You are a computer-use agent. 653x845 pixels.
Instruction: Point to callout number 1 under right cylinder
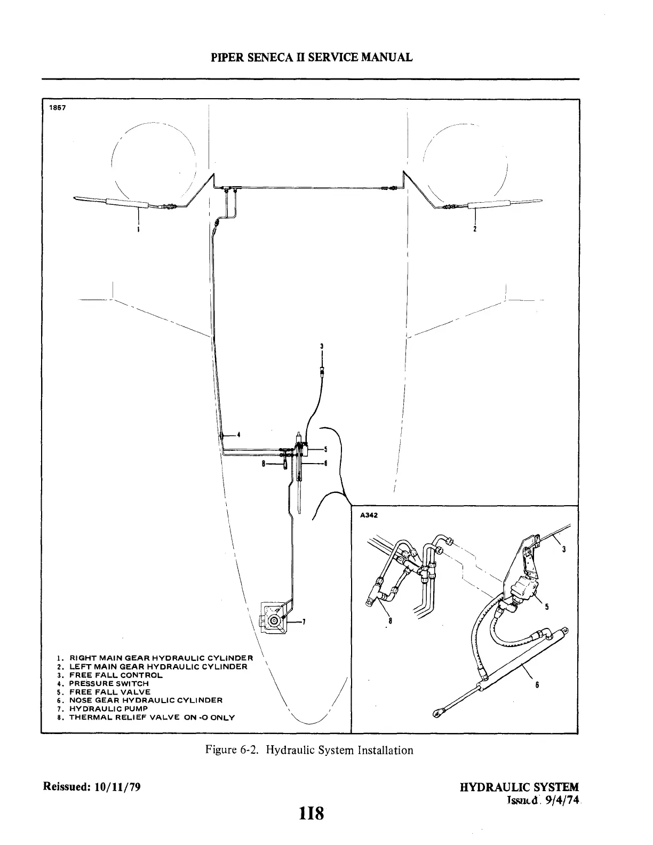pyautogui.click(x=139, y=230)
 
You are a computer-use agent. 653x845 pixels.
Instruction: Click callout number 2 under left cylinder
pyautogui.click(x=475, y=230)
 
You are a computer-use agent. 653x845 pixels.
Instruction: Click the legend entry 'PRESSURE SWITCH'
pyautogui.click(x=109, y=683)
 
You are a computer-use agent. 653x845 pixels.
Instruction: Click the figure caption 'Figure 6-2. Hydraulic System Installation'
pyautogui.click(x=309, y=750)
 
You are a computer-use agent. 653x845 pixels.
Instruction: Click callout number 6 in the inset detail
pyautogui.click(x=538, y=686)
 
